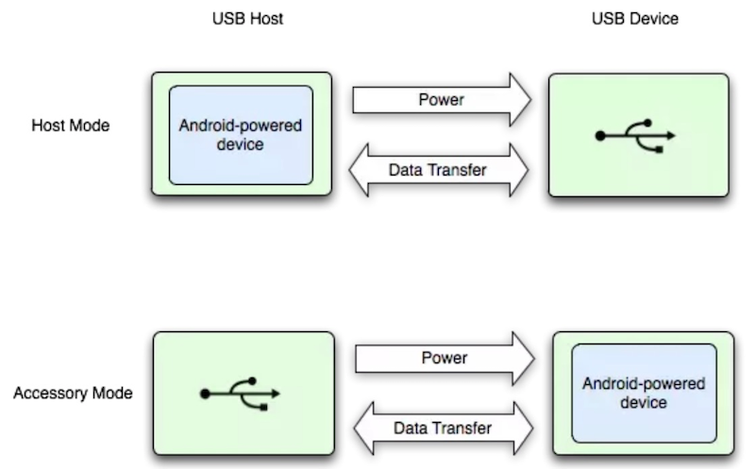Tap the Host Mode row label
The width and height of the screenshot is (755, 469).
point(71,126)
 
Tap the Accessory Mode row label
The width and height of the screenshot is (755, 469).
point(73,393)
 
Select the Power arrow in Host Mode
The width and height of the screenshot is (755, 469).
point(442,99)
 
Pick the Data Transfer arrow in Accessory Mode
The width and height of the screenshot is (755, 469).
point(440,427)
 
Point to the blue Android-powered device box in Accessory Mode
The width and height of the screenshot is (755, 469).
point(644,393)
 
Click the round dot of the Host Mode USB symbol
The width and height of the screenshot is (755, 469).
point(600,137)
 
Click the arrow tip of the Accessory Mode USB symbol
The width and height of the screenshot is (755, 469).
point(277,394)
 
